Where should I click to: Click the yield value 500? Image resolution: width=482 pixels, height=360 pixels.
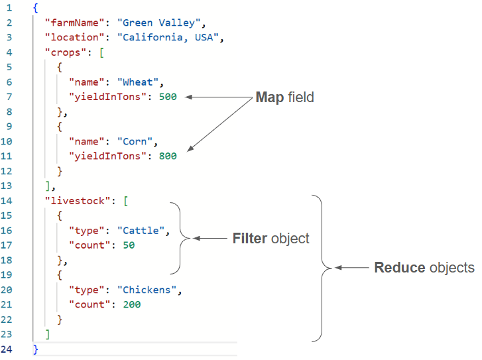coord(168,97)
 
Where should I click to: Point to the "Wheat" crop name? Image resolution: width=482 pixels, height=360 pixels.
coord(140,82)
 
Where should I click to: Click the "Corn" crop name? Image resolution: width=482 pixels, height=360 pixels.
coord(137,141)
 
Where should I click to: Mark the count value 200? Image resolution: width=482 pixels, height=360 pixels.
coord(131,304)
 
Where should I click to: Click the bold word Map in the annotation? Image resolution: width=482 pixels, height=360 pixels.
coord(269,97)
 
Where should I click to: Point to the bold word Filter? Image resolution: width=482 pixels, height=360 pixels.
coord(249,238)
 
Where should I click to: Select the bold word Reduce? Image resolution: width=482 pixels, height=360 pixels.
coord(399,268)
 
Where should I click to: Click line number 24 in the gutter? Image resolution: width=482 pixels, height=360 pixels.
coord(9,349)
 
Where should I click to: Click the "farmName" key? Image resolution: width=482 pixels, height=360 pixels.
coord(72,23)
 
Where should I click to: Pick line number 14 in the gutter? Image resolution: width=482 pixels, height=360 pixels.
coord(9,200)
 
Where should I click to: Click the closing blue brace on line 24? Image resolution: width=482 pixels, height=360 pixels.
coord(36,349)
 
